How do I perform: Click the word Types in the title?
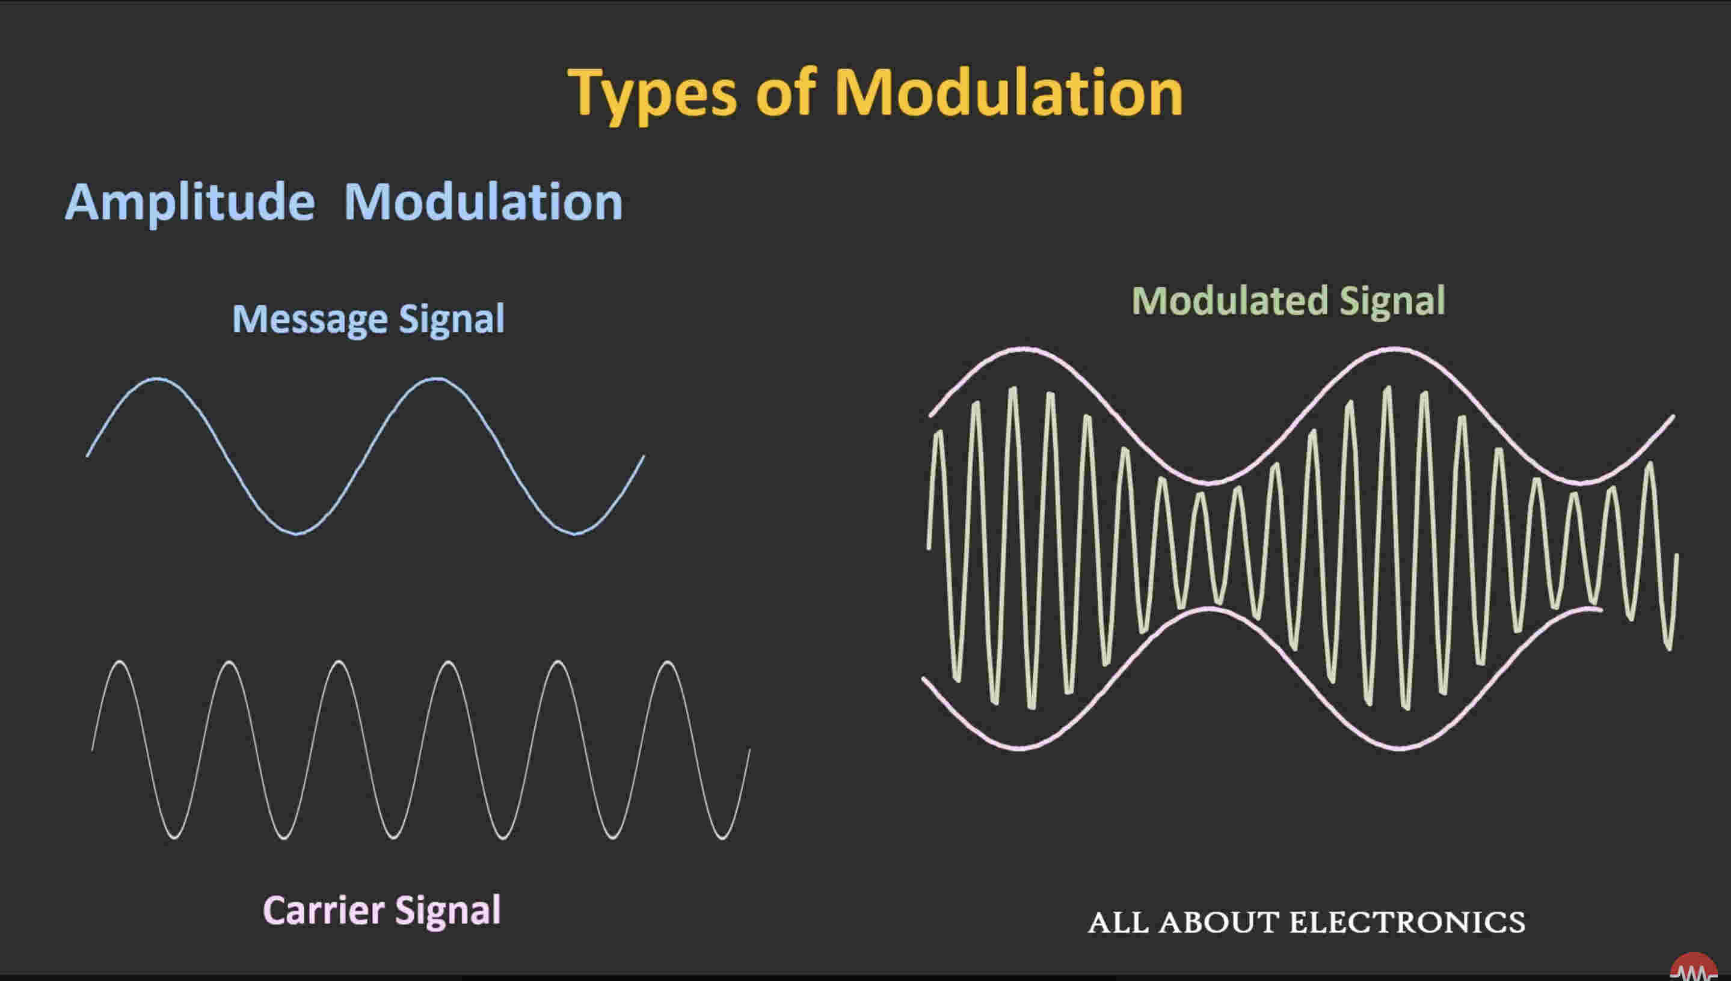click(x=652, y=94)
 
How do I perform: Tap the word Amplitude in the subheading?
click(x=190, y=203)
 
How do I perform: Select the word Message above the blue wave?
click(x=311, y=319)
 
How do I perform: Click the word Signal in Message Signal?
click(x=452, y=319)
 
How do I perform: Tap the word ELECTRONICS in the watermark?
click(x=1407, y=922)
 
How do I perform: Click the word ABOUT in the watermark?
click(x=1219, y=922)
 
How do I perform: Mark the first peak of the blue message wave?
click(x=157, y=379)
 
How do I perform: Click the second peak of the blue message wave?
click(x=436, y=379)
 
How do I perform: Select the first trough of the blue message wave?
click(x=297, y=534)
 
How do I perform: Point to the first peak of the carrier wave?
click(x=120, y=662)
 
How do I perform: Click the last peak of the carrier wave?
click(x=668, y=662)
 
